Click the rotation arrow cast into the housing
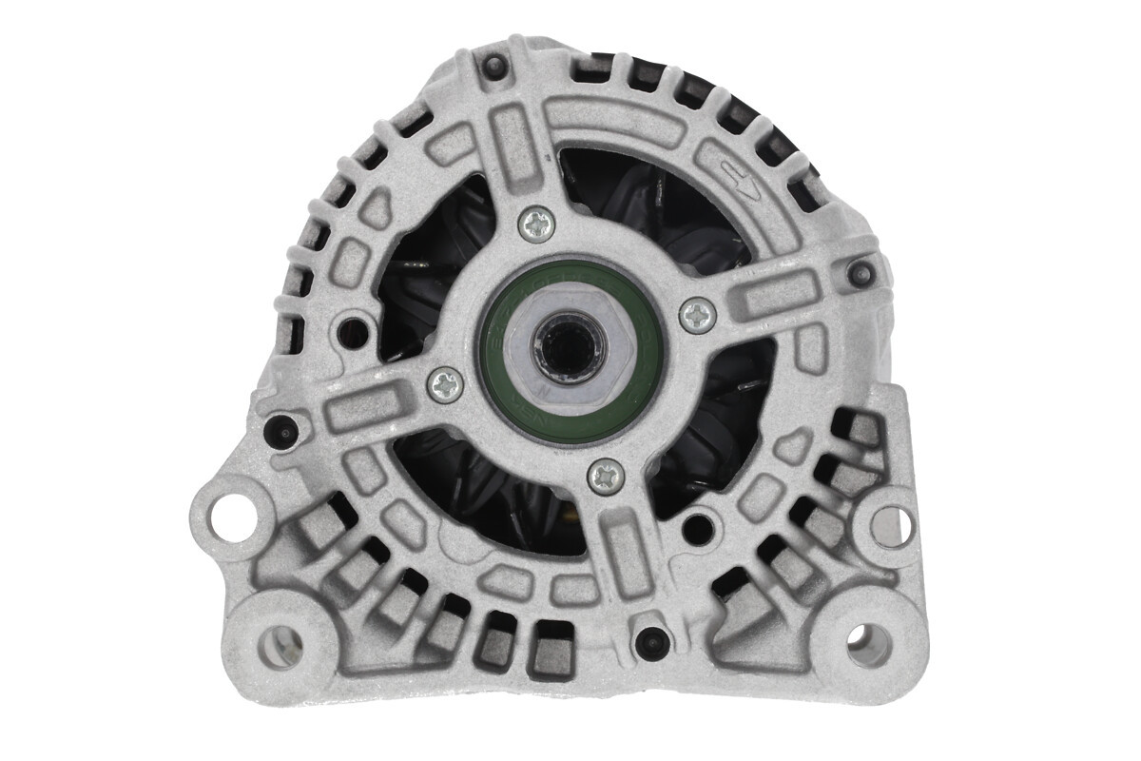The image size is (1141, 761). pyautogui.click(x=738, y=181)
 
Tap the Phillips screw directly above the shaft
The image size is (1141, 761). pyautogui.click(x=537, y=224)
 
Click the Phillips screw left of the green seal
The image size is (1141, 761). pyautogui.click(x=445, y=384)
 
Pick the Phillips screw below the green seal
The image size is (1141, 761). pyautogui.click(x=606, y=476)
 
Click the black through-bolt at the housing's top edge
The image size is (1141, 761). pyautogui.click(x=493, y=67)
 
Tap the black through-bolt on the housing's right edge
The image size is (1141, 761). pyautogui.click(x=862, y=273)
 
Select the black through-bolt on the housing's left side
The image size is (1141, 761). pyautogui.click(x=281, y=431)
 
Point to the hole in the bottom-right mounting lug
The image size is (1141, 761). pyautogui.click(x=869, y=645)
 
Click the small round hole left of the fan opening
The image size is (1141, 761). pyautogui.click(x=354, y=331)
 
